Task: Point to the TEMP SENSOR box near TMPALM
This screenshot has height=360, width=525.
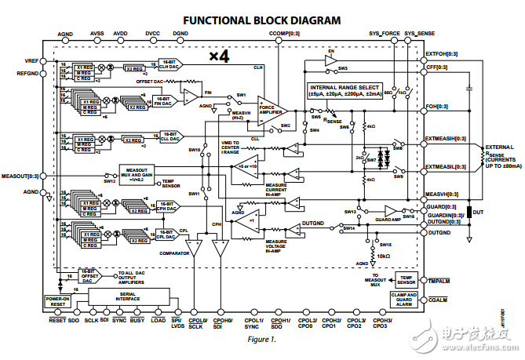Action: coord(406,280)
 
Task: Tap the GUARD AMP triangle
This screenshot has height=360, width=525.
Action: coord(391,211)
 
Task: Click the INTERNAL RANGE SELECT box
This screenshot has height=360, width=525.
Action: coord(355,90)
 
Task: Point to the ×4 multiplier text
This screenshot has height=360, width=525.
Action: coord(219,57)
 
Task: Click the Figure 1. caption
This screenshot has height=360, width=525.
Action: coord(262,340)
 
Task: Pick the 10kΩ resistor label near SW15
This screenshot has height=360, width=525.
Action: coord(381,256)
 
